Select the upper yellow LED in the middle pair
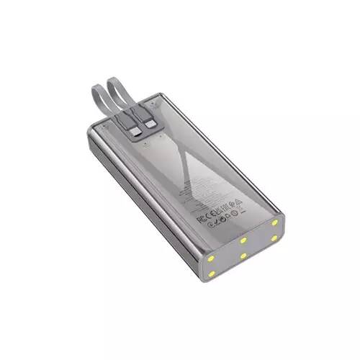[243, 240]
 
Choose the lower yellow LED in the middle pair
[243, 255]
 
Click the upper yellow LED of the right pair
[274, 222]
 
